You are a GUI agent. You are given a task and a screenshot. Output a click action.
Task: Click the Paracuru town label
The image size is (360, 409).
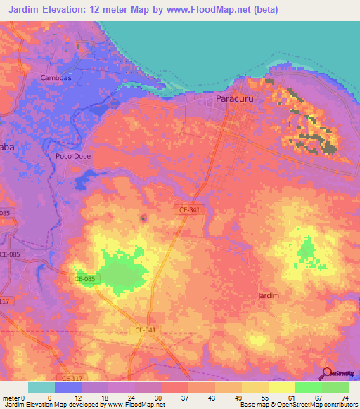[237, 99]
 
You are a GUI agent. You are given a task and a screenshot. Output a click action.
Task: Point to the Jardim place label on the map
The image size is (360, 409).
[269, 296]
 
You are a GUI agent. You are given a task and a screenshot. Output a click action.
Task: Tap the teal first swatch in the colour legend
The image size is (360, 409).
[41, 387]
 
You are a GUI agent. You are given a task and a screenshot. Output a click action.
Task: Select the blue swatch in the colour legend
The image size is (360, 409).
[68, 387]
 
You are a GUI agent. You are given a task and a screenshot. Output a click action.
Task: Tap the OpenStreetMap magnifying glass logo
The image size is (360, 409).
[328, 374]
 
